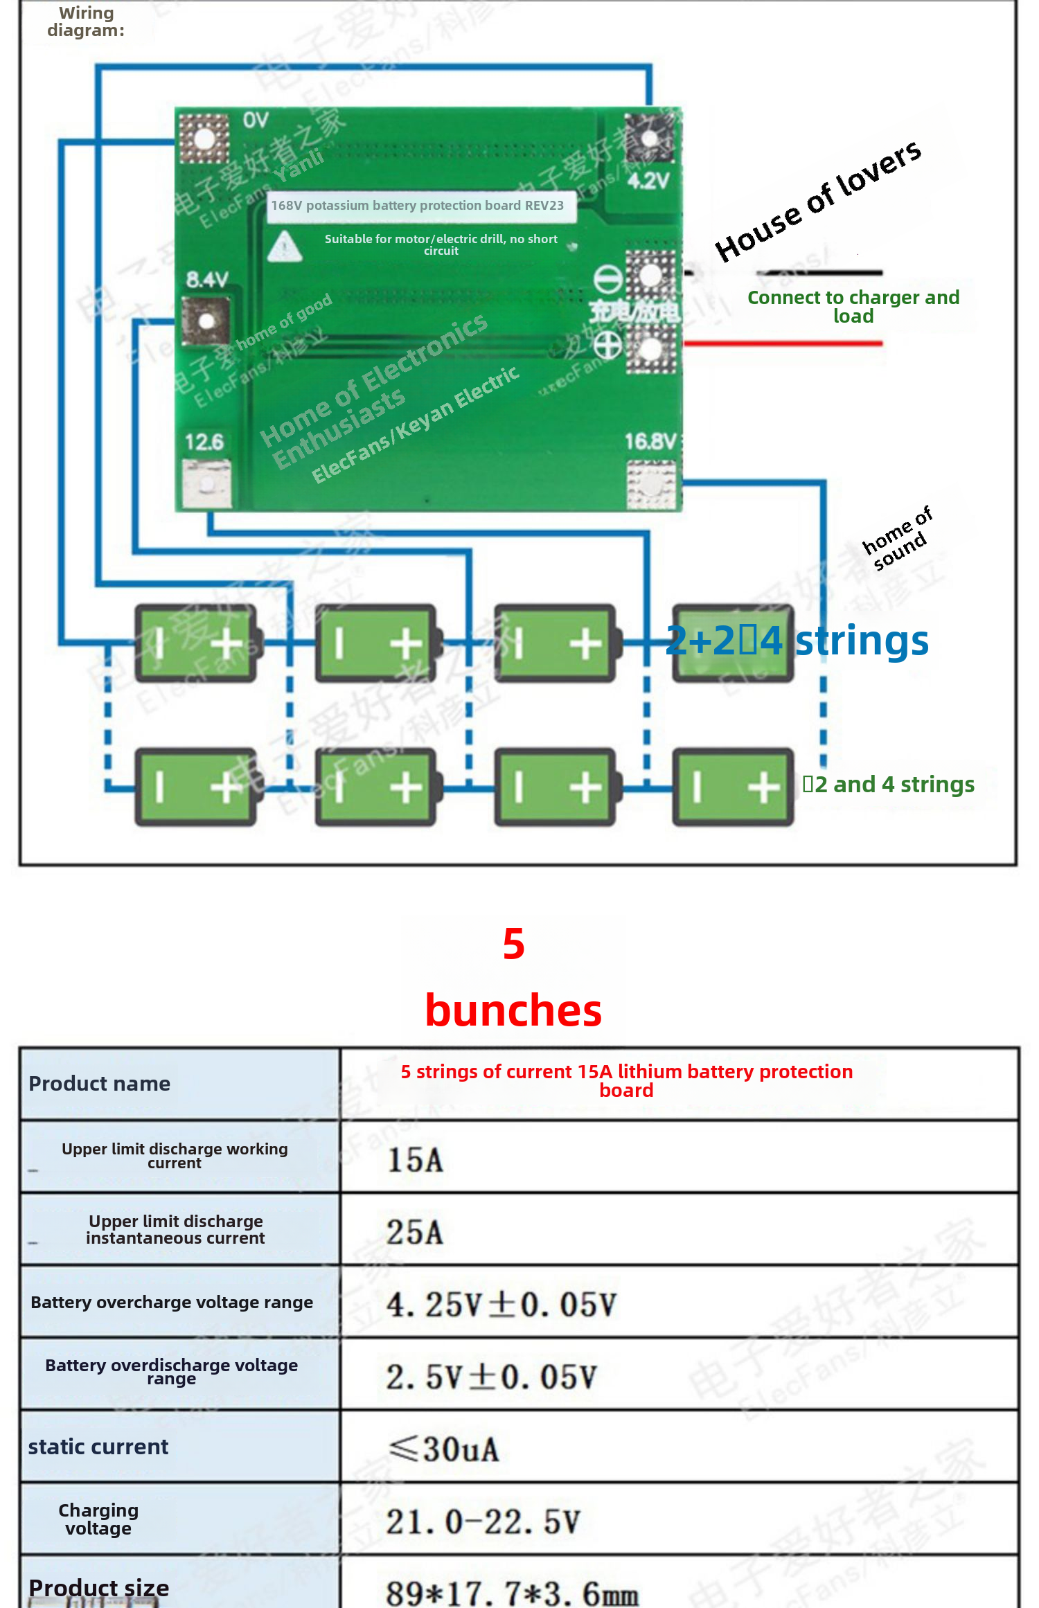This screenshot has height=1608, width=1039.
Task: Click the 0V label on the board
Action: click(255, 120)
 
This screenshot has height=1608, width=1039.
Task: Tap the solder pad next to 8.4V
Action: click(206, 321)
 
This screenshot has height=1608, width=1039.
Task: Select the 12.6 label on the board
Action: click(204, 442)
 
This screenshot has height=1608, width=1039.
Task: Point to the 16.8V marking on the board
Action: click(649, 441)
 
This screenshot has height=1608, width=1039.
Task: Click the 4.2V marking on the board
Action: click(648, 181)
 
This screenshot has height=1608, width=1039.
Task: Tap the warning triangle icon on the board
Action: click(284, 247)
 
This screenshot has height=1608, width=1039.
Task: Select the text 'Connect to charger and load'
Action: click(853, 307)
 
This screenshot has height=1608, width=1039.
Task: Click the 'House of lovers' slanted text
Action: click(818, 201)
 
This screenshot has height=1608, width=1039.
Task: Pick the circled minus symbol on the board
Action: click(607, 278)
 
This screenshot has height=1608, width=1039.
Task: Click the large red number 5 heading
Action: click(513, 943)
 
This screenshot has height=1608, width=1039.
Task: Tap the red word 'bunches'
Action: click(513, 1010)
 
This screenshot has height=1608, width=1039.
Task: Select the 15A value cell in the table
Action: click(415, 1159)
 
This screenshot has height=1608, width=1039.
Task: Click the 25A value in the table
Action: click(414, 1232)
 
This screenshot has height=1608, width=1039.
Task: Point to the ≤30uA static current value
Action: click(443, 1448)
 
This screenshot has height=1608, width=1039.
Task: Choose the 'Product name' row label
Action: click(99, 1083)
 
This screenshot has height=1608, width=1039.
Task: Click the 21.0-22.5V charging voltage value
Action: click(483, 1521)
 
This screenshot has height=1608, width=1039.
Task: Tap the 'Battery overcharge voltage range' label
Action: click(172, 1302)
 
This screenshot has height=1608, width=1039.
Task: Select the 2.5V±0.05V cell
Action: click(491, 1376)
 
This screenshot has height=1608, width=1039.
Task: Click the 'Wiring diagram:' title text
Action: click(86, 21)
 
